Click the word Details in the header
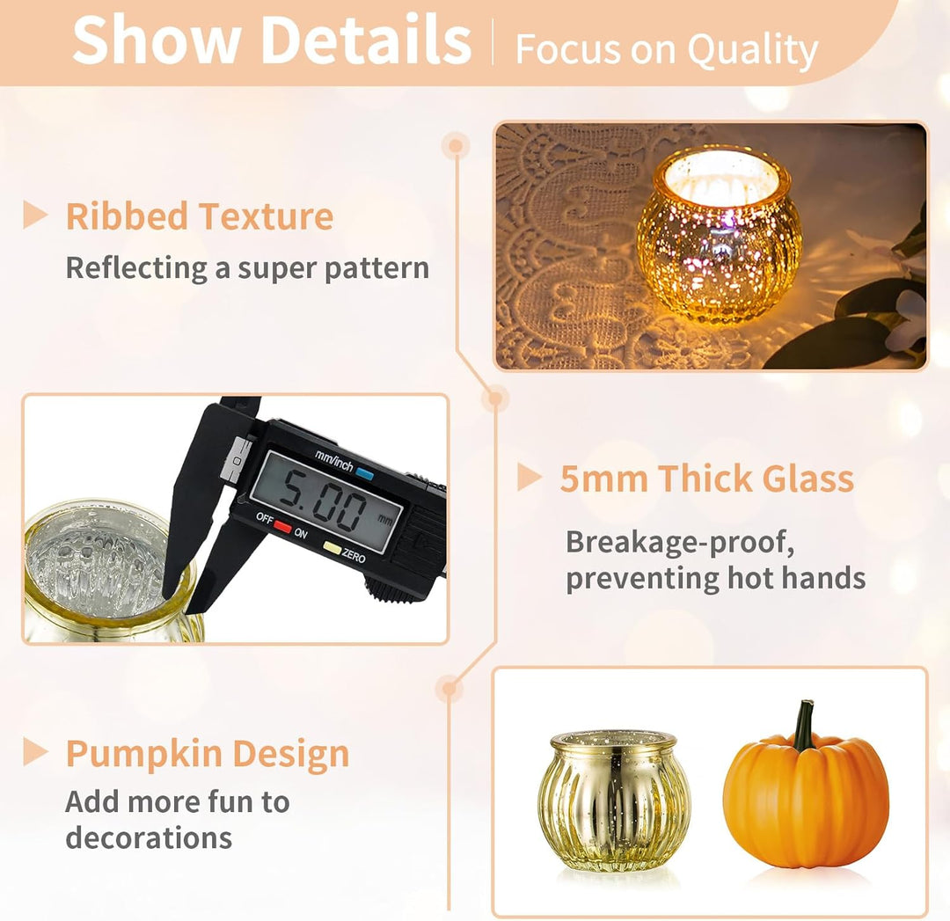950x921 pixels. point(368,40)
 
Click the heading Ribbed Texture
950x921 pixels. point(200,216)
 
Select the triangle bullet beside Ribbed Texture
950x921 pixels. point(35,216)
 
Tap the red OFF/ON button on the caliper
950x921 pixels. point(282,526)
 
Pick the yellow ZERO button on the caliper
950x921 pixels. point(332,548)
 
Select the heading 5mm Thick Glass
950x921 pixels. point(706,479)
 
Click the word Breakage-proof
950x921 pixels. point(680,542)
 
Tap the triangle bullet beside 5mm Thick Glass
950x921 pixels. point(529,477)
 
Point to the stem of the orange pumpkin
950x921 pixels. point(805,724)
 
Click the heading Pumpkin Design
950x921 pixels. point(208,754)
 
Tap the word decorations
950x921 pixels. point(149,838)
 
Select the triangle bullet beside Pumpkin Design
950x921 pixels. point(35,752)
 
